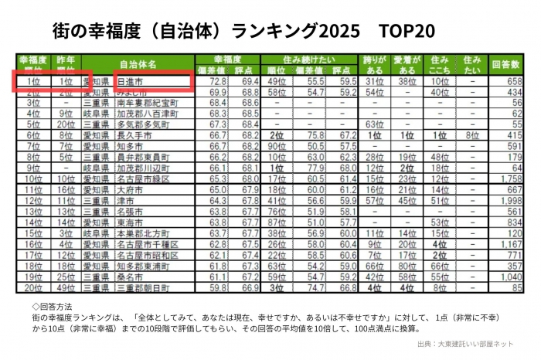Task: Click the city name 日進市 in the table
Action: (x=129, y=80)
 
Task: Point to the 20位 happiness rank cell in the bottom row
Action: (x=32, y=287)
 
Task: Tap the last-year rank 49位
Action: (x=66, y=287)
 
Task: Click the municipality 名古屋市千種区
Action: (x=146, y=243)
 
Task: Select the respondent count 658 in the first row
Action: (x=513, y=80)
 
